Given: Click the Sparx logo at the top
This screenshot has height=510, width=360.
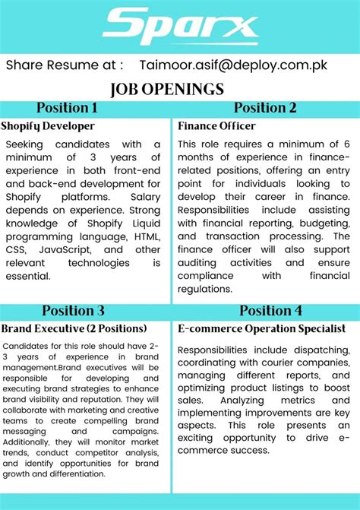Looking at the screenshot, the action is coord(180,26).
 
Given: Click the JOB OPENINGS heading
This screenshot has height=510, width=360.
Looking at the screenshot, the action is coord(167,89).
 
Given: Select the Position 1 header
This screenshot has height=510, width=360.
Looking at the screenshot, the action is coord(67,108).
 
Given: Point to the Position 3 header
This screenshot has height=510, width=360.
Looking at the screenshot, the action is coord(73,310).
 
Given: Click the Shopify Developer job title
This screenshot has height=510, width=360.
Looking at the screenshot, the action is coord(48,125).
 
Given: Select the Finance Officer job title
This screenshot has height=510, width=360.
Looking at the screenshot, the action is coord(216,125).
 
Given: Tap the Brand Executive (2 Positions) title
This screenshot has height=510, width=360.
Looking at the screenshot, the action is coord(74,328).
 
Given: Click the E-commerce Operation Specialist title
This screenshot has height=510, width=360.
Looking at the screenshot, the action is coord(261,328).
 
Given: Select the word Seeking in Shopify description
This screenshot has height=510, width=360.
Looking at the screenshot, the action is coord(27,144).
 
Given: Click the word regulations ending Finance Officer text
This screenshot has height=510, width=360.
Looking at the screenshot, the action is coord(206,289).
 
